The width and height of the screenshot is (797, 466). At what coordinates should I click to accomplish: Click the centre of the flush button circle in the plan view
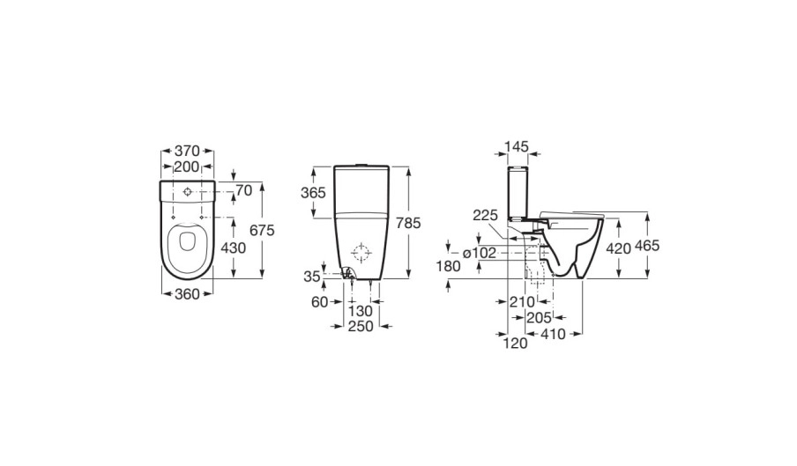(x=188, y=192)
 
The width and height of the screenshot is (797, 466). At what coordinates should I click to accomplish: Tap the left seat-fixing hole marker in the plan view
(x=174, y=218)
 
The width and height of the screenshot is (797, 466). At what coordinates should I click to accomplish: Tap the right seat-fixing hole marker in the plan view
(x=202, y=218)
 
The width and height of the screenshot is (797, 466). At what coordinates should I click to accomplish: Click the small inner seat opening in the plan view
(x=187, y=241)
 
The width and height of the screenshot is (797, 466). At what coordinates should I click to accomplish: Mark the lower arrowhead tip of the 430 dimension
(x=234, y=278)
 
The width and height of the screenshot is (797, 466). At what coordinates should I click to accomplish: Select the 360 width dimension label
(x=187, y=294)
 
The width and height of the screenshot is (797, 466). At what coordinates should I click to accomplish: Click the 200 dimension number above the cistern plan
(x=187, y=166)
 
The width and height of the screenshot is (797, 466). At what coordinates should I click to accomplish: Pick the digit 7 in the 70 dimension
(x=240, y=191)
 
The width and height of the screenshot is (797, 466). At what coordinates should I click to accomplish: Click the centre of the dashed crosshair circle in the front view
(x=361, y=252)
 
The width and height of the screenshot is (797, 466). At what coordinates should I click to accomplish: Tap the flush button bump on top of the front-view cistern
(x=361, y=165)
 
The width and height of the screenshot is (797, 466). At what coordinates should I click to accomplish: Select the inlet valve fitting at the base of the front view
(x=347, y=275)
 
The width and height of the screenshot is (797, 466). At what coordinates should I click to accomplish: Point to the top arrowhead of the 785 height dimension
(x=409, y=170)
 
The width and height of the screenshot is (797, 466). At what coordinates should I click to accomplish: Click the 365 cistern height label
(x=313, y=193)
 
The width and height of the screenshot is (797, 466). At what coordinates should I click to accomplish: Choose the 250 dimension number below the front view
(x=361, y=327)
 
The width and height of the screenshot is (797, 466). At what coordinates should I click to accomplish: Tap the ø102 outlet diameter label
(x=479, y=252)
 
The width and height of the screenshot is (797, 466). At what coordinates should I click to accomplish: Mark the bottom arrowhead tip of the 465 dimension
(x=647, y=278)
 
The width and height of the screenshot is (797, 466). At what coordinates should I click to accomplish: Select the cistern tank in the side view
(x=518, y=192)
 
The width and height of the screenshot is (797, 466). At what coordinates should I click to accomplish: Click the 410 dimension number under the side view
(x=553, y=334)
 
